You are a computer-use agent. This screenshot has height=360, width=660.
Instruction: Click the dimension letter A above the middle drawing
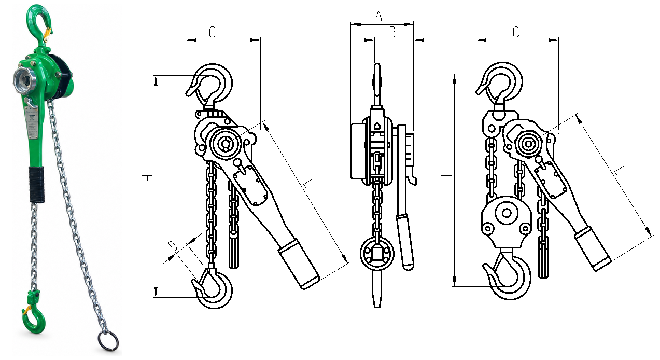[379, 16]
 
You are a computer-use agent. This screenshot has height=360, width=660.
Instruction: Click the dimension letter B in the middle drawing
[392, 33]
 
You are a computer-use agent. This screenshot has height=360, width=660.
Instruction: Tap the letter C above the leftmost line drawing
[212, 32]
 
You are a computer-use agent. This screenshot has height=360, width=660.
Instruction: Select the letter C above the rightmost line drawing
[516, 32]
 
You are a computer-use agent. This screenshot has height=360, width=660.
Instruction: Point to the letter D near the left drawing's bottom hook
[172, 246]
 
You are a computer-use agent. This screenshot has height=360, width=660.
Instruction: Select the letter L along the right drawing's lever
[619, 171]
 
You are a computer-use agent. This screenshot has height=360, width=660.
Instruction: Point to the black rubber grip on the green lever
[37, 184]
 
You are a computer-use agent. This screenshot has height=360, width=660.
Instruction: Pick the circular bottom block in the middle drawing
[377, 254]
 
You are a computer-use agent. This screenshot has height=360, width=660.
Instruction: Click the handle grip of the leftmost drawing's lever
[299, 264]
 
